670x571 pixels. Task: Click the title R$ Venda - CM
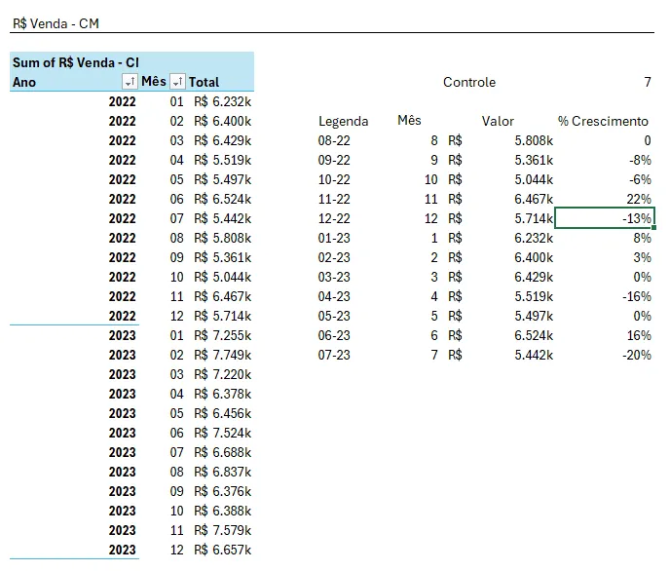pyautogui.click(x=56, y=23)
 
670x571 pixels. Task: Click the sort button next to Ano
pyautogui.click(x=130, y=81)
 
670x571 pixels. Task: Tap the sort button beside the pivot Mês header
pyautogui.click(x=177, y=81)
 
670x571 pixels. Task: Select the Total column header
pyautogui.click(x=204, y=82)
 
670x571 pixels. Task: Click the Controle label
pyautogui.click(x=469, y=82)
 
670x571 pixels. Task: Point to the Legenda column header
pyautogui.click(x=343, y=122)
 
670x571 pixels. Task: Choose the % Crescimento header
pyautogui.click(x=603, y=122)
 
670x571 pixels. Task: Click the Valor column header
pyautogui.click(x=498, y=122)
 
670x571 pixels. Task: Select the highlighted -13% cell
pyautogui.click(x=604, y=218)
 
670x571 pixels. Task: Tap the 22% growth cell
pyautogui.click(x=639, y=199)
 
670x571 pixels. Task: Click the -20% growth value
pyautogui.click(x=637, y=355)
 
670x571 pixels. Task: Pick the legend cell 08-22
pyautogui.click(x=334, y=140)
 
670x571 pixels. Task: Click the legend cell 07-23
pyautogui.click(x=334, y=355)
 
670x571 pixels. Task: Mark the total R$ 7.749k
pyautogui.click(x=223, y=355)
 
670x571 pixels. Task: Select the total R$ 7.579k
pyautogui.click(x=223, y=530)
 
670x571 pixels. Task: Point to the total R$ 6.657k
pyautogui.click(x=223, y=551)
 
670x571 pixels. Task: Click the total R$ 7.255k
pyautogui.click(x=223, y=335)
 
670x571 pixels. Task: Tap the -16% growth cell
pyautogui.click(x=637, y=296)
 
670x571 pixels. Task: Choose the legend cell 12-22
pyautogui.click(x=334, y=219)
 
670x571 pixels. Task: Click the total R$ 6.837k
pyautogui.click(x=223, y=472)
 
